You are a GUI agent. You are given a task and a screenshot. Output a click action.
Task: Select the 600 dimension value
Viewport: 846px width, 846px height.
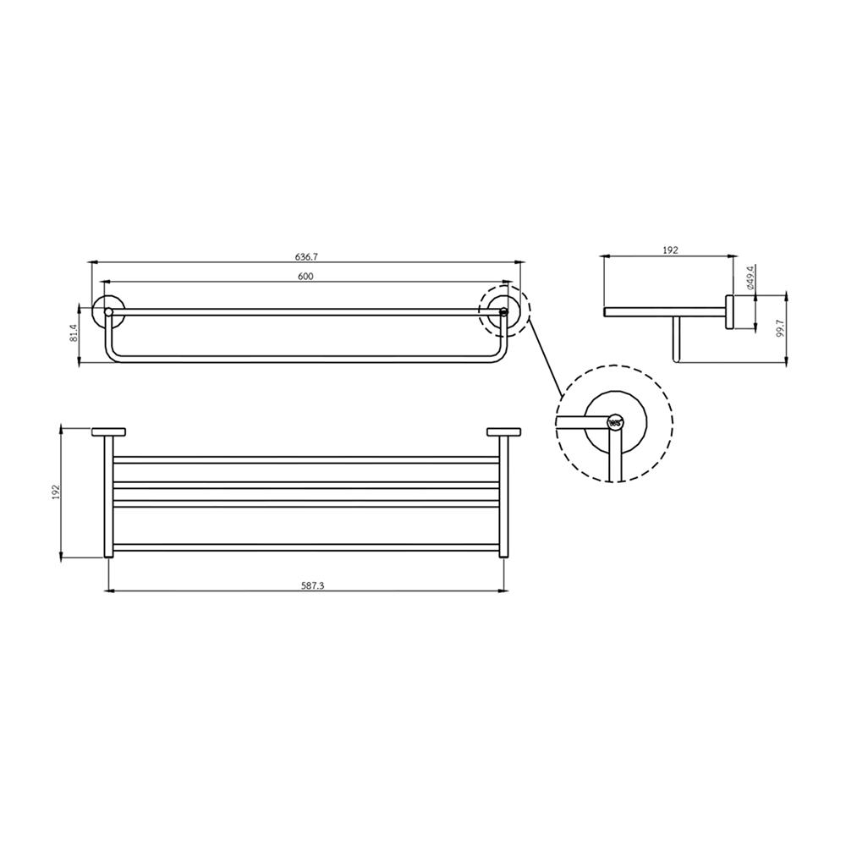coord(305,277)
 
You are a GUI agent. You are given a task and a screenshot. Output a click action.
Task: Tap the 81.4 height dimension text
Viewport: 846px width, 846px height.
coord(73,332)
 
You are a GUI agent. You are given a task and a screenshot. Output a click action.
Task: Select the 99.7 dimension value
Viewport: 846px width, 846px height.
coord(780,328)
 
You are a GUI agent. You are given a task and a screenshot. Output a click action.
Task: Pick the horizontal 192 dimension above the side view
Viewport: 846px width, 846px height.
coord(670,251)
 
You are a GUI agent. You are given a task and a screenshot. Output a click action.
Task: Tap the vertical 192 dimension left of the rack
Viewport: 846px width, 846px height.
coord(55,492)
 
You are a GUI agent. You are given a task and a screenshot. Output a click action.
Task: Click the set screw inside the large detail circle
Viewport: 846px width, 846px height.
coord(615,420)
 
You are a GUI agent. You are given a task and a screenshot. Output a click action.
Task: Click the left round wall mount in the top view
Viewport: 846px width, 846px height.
coord(107,311)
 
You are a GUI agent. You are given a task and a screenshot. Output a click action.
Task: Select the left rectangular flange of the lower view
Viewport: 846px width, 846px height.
coord(108,432)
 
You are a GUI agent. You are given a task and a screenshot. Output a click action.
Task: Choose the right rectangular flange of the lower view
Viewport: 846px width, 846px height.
coord(504,432)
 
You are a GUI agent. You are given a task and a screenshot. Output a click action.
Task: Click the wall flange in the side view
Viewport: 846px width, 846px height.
coord(729,311)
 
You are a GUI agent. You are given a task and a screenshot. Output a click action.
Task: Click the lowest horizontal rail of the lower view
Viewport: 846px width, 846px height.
coord(306,547)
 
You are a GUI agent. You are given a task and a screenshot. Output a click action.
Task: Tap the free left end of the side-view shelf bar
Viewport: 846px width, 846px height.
coord(606,311)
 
